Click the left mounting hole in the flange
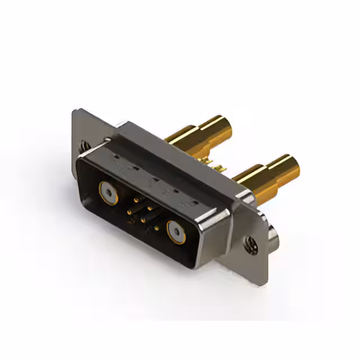point(84,146)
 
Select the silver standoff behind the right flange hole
point(274,236)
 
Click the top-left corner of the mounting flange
point(75,111)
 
